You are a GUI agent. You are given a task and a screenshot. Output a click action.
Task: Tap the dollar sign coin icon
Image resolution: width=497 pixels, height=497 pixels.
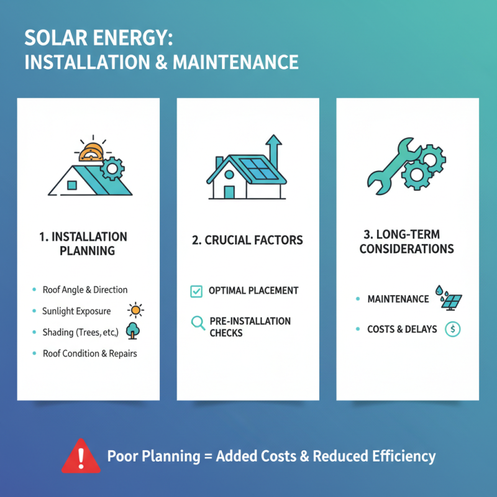[453, 329]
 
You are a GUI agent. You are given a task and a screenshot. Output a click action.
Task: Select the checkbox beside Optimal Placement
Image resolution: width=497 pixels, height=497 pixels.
[196, 291]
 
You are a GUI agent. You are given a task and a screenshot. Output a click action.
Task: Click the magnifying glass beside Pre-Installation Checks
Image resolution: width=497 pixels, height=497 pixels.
[198, 322]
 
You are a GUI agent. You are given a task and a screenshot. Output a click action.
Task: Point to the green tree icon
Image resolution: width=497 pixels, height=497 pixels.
[132, 331]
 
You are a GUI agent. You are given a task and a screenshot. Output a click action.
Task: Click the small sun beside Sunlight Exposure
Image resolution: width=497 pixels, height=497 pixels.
[135, 310]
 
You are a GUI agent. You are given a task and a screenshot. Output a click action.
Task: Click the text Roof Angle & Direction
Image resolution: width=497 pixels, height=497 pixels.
[85, 290]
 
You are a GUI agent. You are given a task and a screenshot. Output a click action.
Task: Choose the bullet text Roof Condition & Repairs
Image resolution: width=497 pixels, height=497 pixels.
[89, 353]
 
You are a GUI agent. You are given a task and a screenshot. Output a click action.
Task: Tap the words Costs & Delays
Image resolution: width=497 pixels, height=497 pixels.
[402, 329]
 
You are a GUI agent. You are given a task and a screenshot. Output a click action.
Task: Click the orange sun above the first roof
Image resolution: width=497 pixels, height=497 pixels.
[91, 153]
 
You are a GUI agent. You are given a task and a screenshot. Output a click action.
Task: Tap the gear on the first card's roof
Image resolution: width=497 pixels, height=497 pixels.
[112, 167]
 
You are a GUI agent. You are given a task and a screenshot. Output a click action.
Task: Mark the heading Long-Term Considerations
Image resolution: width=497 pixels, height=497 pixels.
[406, 242]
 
